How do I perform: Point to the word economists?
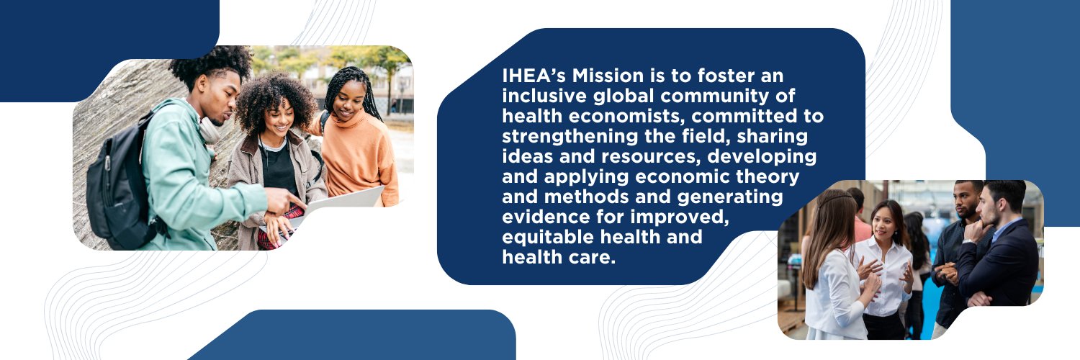(x=626, y=116)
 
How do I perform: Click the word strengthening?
(x=570, y=137)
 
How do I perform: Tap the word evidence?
(x=545, y=217)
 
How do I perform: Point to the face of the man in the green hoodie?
(x=223, y=99)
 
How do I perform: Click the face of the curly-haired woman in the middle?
(x=279, y=118)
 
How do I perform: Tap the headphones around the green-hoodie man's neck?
(x=209, y=130)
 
